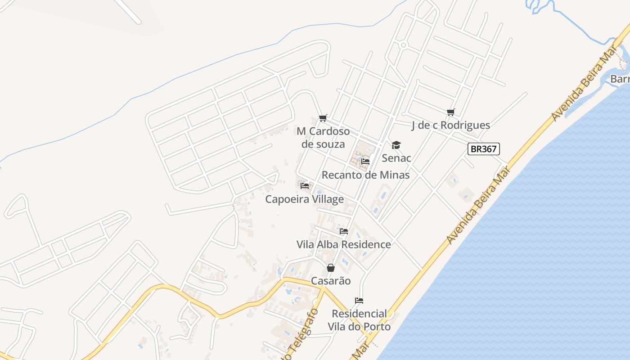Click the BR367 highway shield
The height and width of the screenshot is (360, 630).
tap(484, 149)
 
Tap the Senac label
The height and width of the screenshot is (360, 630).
tap(396, 158)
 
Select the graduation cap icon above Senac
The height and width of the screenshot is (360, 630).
tap(396, 145)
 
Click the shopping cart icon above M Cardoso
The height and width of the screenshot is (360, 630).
tap(323, 118)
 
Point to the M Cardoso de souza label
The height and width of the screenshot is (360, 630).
tap(323, 138)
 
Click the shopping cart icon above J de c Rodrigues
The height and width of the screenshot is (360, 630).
tap(450, 112)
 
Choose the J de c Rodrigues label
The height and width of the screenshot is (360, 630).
tap(450, 125)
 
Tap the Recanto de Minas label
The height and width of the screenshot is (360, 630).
tap(365, 175)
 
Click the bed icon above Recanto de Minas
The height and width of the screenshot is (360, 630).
tap(365, 161)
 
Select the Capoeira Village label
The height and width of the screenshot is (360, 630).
tap(304, 199)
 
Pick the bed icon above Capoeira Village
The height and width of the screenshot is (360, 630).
tap(305, 185)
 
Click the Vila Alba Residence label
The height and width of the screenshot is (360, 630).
tap(343, 244)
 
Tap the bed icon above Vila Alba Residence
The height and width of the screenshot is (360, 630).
tap(344, 231)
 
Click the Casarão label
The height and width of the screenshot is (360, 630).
tap(331, 281)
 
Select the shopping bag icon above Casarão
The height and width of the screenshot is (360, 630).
tap(331, 268)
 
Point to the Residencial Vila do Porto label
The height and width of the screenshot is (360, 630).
tap(359, 320)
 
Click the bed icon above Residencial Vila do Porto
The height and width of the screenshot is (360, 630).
tap(359, 300)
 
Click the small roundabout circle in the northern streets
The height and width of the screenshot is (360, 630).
tap(403, 45)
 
